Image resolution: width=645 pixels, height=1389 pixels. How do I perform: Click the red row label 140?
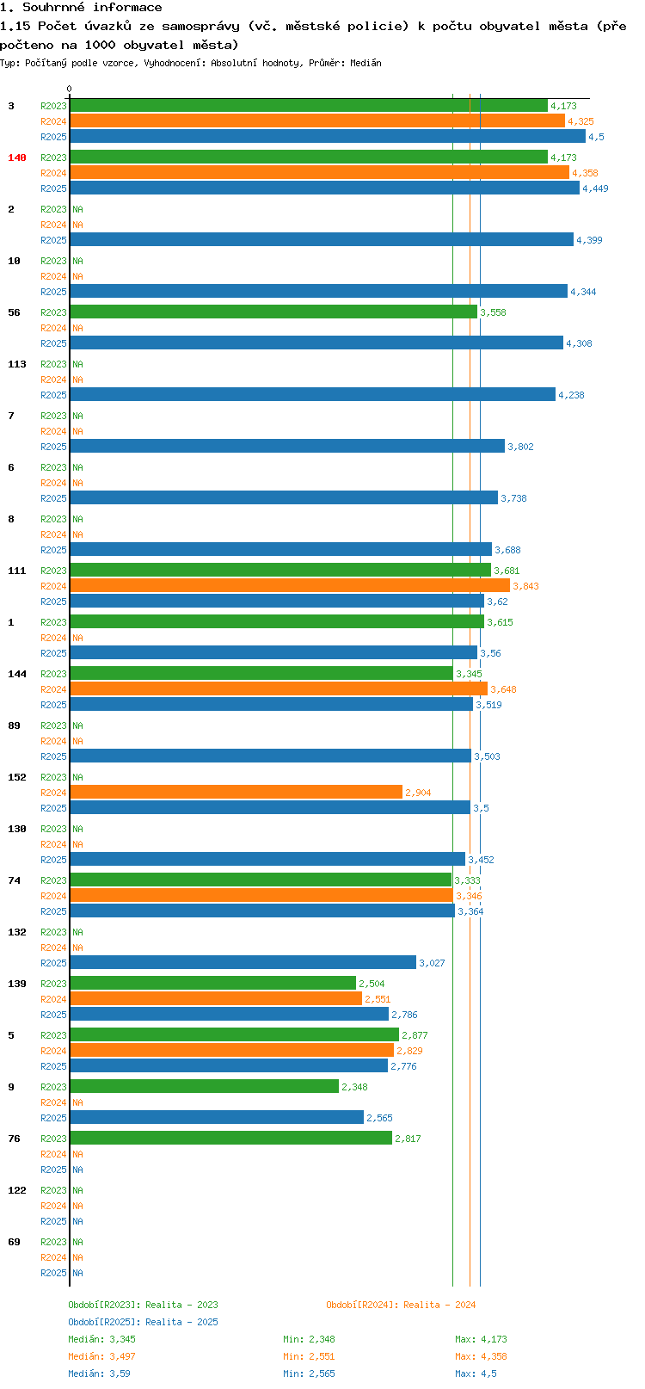(x=17, y=157)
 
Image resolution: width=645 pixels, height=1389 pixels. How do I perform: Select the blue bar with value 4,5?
(x=327, y=137)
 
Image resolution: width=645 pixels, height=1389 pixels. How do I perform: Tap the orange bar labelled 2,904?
(x=236, y=792)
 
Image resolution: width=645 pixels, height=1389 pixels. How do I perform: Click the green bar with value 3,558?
(x=273, y=312)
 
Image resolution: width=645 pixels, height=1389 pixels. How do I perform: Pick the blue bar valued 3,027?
(x=243, y=962)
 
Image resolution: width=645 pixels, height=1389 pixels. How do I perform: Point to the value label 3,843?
(x=525, y=586)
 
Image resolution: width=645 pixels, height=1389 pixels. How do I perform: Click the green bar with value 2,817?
(x=230, y=1138)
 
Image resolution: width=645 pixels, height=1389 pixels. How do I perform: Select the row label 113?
(x=17, y=364)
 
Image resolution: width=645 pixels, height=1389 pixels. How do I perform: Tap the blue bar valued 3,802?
(x=287, y=446)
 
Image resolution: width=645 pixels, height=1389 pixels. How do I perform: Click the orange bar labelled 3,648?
(x=279, y=688)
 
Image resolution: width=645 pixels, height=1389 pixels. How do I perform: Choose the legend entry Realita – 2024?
(x=401, y=1305)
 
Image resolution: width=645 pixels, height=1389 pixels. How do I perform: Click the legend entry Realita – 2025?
(x=143, y=1322)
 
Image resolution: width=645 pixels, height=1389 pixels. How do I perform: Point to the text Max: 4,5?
(x=476, y=1374)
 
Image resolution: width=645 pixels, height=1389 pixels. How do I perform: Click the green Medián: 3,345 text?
(x=101, y=1339)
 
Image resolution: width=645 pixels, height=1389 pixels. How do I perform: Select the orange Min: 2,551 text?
(x=309, y=1356)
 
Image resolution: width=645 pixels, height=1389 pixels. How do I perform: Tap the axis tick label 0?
(x=70, y=89)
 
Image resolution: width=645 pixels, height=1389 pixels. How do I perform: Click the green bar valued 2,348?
(x=204, y=1086)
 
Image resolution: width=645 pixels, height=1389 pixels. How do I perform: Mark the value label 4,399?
(x=589, y=240)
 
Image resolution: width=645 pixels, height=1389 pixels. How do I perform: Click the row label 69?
(x=14, y=1242)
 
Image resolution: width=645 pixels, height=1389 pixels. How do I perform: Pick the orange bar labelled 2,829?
(x=231, y=1050)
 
